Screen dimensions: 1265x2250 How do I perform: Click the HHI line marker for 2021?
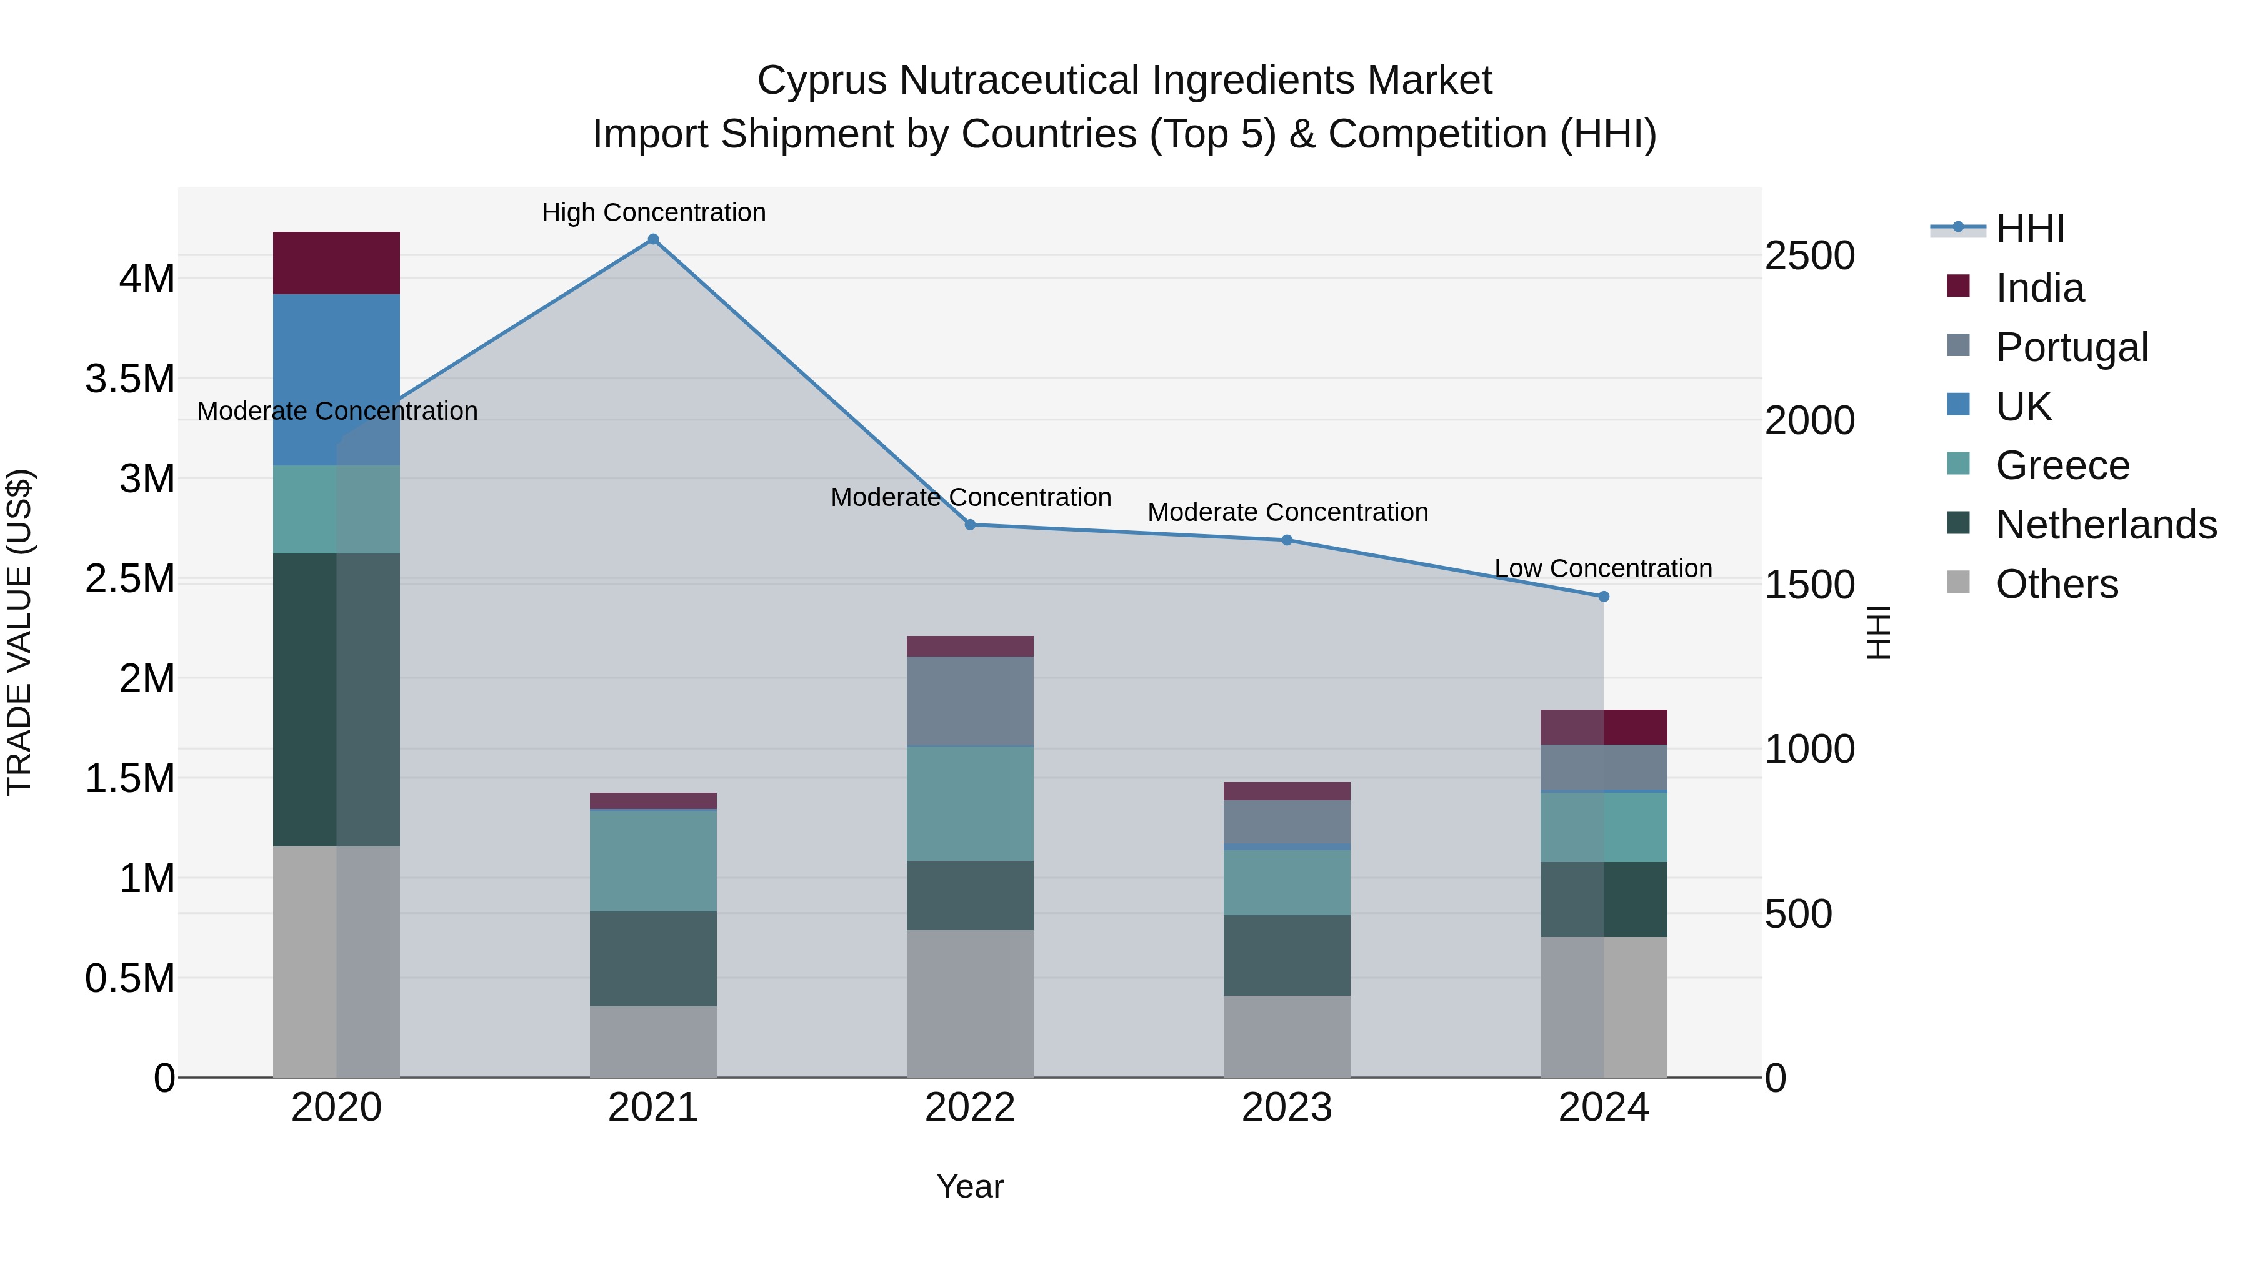click(x=652, y=239)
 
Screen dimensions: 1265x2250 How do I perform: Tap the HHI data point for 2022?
click(x=969, y=525)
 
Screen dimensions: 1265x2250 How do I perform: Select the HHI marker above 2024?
click(x=1604, y=597)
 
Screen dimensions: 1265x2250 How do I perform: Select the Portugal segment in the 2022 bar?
click(x=969, y=701)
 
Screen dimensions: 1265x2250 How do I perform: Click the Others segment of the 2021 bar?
click(x=652, y=1041)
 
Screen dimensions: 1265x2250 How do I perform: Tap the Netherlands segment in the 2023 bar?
click(x=1287, y=955)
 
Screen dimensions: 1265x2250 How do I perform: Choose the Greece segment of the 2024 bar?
click(x=1604, y=826)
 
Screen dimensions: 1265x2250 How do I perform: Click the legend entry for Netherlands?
click(x=2106, y=525)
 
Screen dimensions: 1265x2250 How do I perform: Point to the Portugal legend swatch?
click(x=1958, y=345)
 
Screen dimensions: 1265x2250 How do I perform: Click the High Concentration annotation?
click(x=653, y=212)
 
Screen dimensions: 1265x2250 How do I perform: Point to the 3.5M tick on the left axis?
click(x=130, y=379)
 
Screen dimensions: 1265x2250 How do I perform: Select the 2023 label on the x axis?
click(x=1287, y=1108)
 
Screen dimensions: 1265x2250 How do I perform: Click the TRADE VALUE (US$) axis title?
click(x=19, y=632)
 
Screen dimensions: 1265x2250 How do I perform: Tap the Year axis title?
click(x=969, y=1186)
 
